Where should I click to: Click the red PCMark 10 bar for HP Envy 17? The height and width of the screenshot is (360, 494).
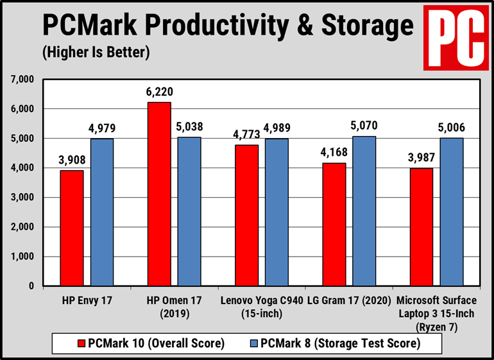[72, 228]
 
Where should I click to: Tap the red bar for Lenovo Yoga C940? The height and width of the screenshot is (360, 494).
[247, 216]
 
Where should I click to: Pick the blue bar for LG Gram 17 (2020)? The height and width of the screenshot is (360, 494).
[364, 211]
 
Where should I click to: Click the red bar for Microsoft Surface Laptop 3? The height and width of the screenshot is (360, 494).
[422, 227]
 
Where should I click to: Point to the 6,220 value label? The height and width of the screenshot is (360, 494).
[160, 92]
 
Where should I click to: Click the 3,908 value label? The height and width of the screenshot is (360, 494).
[72, 160]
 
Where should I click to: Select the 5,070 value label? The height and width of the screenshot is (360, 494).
[364, 126]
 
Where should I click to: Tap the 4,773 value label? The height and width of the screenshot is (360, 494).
[247, 135]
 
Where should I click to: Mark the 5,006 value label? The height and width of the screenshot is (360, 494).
[452, 128]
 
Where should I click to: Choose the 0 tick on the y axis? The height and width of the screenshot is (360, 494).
[31, 286]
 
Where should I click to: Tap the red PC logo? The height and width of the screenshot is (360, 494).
[455, 37]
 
